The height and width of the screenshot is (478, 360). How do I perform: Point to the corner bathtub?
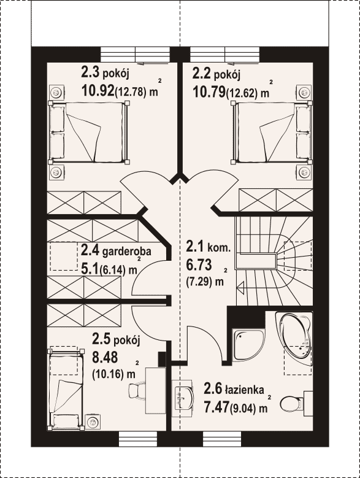click(294, 334)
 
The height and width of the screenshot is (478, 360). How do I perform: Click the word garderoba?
click(127, 252)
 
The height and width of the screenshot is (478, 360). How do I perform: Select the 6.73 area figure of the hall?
click(199, 265)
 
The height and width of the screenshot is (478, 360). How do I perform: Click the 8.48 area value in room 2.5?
click(105, 357)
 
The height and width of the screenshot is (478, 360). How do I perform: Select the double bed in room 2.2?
click(272, 132)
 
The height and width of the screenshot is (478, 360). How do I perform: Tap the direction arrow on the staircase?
click(240, 287)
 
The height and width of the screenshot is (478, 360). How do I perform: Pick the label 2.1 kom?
click(208, 247)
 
